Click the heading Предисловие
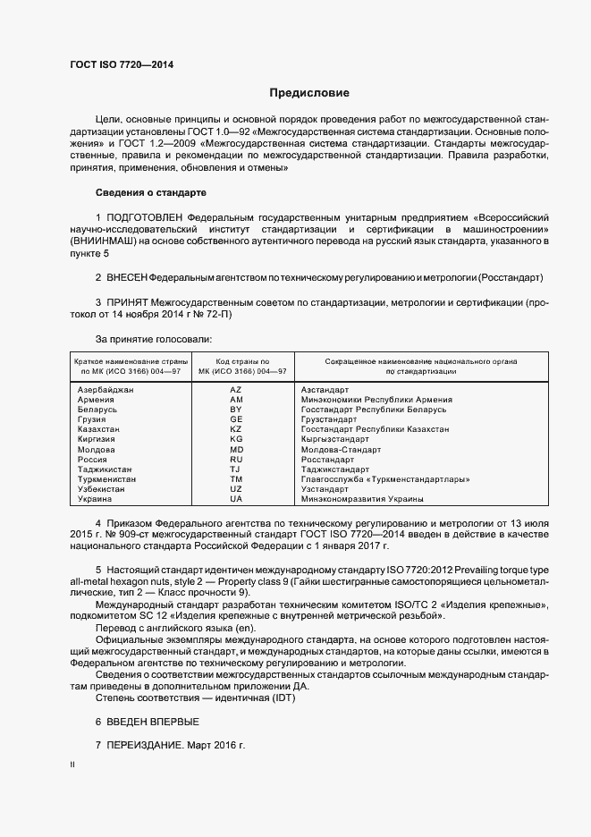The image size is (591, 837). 309,93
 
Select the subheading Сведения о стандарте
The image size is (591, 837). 150,192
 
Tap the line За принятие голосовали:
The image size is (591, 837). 153,339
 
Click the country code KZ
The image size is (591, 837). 236,429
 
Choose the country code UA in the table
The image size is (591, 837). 236,499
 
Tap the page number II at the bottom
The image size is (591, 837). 72,765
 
